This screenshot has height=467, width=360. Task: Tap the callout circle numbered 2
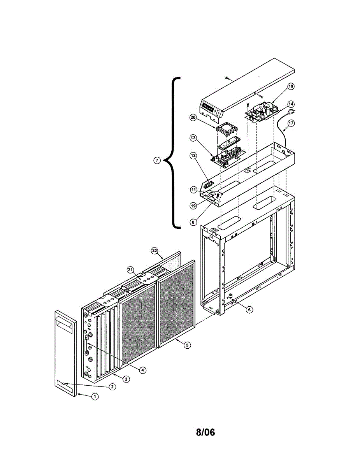click(x=112, y=386)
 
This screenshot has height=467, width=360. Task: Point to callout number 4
click(x=143, y=370)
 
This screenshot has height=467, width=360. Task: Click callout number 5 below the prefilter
click(x=188, y=345)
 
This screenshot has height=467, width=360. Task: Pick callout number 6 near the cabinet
click(x=249, y=310)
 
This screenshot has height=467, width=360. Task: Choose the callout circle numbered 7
click(x=156, y=161)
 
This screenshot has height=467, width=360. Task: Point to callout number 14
click(x=291, y=104)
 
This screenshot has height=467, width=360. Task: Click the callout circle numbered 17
click(x=291, y=123)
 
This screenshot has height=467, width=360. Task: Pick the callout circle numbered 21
click(x=130, y=270)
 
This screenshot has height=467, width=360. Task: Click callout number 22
click(x=155, y=251)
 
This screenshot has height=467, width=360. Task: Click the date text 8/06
click(x=205, y=432)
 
